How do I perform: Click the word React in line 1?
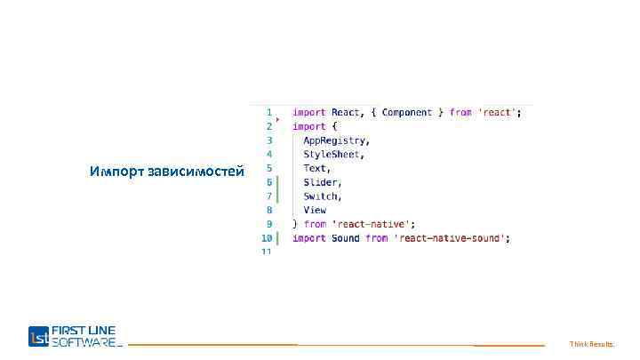[x=346, y=113]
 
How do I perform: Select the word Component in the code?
[x=406, y=113]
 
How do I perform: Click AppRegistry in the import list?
[x=335, y=140]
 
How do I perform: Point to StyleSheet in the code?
[x=332, y=155]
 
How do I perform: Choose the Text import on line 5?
[x=316, y=168]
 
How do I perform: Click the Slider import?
[x=321, y=182]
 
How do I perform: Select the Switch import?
[x=321, y=196]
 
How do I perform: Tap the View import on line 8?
[x=315, y=211]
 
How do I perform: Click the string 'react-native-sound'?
[x=452, y=238]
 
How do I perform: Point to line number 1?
[x=268, y=113]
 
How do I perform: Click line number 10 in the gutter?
[x=266, y=238]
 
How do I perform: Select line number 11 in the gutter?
[x=266, y=252]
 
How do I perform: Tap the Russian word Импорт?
[x=117, y=172]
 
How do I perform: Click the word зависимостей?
[x=196, y=172]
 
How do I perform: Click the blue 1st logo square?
[x=39, y=336]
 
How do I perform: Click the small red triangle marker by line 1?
[x=277, y=118]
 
